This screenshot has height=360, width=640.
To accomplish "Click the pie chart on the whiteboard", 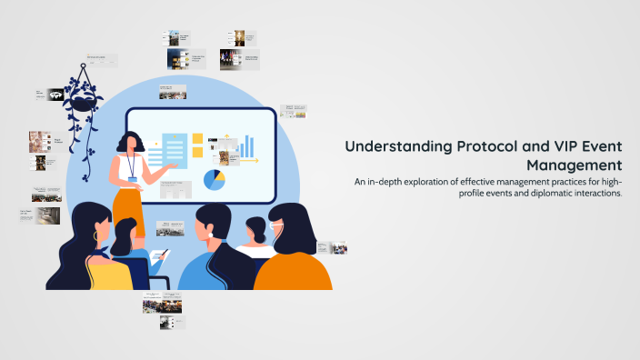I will tap(215, 180).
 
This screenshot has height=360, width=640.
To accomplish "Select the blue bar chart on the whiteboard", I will tap(246, 145).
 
